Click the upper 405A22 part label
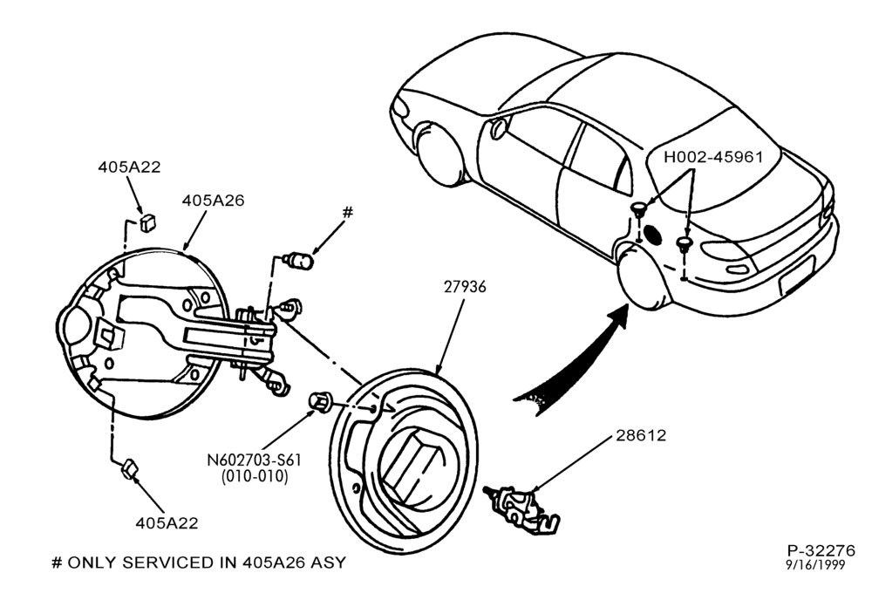129,167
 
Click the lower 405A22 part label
167,523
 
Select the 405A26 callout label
213,201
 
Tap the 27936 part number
465,287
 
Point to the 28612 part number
641,435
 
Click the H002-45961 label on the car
713,157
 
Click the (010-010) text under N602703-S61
255,476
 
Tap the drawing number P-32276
821,550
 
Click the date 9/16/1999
815,565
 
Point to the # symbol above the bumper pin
348,212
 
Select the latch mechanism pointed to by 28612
522,508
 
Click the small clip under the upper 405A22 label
148,222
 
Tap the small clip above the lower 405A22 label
130,469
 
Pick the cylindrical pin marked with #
299,260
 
